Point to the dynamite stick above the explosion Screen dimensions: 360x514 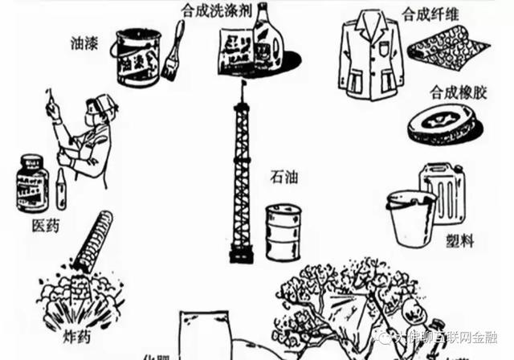(x=96, y=237)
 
